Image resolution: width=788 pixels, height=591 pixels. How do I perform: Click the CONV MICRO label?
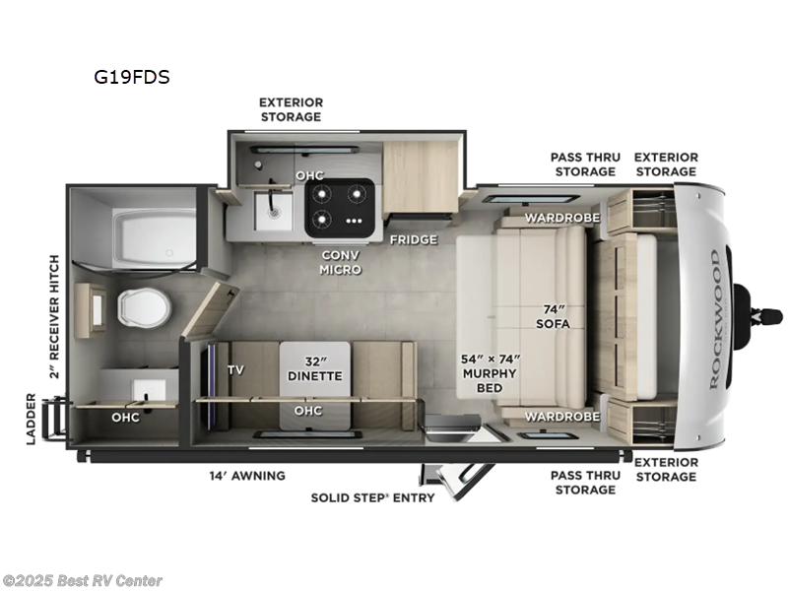click(340, 261)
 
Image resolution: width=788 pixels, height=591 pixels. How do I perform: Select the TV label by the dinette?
click(235, 370)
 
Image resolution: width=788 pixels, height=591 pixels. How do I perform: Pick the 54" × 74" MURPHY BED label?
click(490, 373)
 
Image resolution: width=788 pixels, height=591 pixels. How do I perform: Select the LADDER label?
click(32, 419)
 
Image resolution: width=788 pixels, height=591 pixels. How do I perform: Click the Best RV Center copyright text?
click(83, 581)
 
